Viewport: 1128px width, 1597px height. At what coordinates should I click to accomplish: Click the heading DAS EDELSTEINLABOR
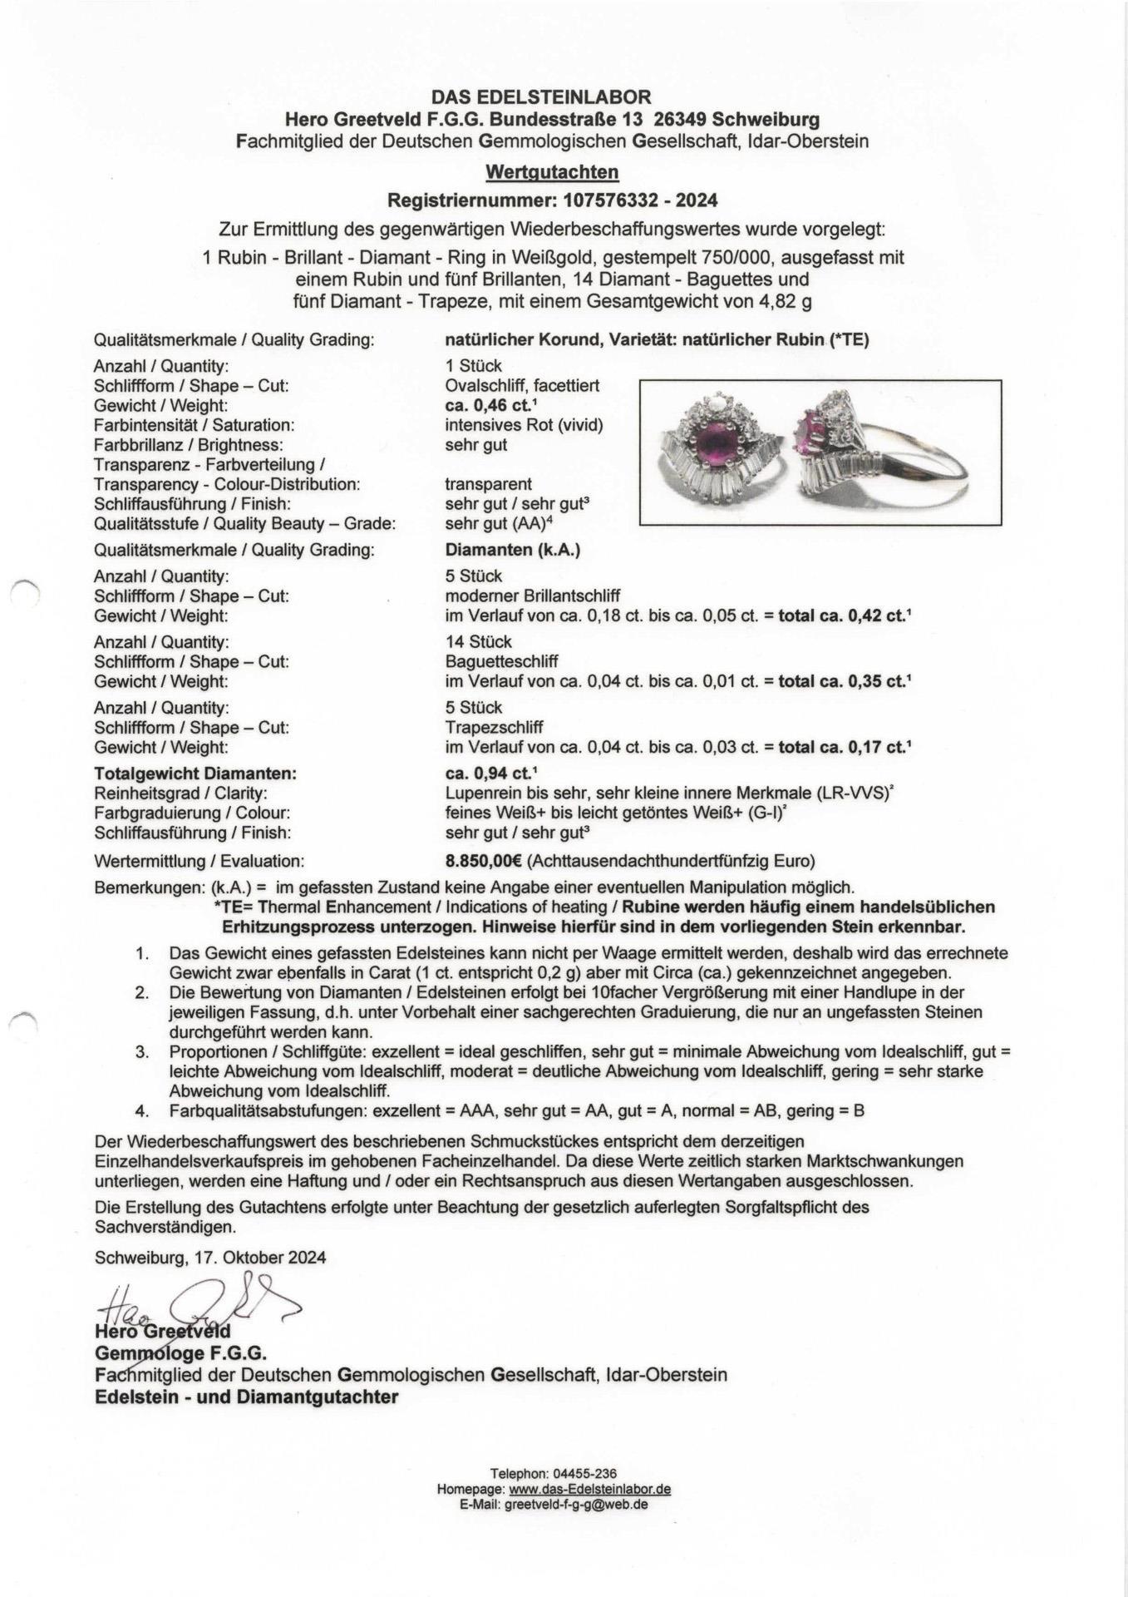coord(552,97)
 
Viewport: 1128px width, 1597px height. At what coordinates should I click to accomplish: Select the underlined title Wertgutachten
coord(552,172)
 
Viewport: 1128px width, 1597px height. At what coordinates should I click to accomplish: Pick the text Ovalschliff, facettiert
coord(522,386)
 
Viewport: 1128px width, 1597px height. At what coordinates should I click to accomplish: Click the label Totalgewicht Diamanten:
coord(195,774)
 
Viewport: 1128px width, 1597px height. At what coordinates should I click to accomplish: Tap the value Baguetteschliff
coord(501,662)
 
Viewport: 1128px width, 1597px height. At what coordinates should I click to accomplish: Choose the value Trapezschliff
coord(494,728)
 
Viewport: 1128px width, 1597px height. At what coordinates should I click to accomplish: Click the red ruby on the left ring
coord(715,442)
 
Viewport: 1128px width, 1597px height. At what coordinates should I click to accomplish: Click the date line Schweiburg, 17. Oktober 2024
coord(210,1258)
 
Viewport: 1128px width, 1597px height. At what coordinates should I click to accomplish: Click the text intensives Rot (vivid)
coord(525,425)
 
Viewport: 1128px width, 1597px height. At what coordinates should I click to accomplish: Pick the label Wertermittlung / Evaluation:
coord(199,861)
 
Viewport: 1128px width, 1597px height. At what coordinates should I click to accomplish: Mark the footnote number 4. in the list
coord(142,1110)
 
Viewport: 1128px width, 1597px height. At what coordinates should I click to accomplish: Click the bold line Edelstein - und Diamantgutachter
coord(246,1397)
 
